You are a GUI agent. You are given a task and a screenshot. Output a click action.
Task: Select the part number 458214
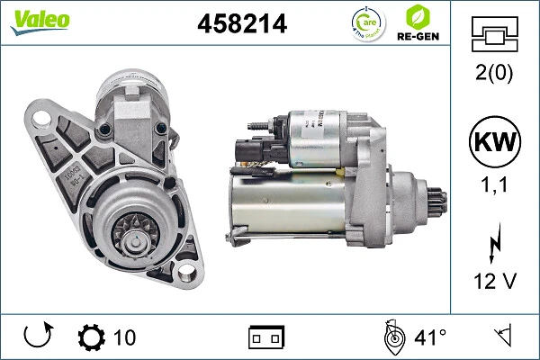click(241, 24)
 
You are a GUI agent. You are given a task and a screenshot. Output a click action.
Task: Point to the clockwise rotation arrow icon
click(38, 337)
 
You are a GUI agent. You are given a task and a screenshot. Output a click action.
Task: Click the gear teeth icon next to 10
click(92, 337)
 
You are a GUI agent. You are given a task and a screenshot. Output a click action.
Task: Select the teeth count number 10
click(125, 337)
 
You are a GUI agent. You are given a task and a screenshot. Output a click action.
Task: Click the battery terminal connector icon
click(265, 337)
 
